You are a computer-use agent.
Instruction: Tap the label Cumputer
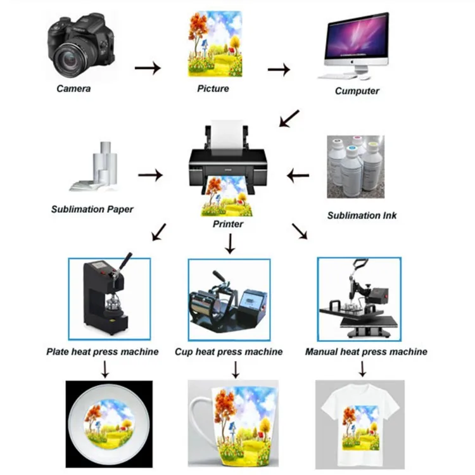click(357, 91)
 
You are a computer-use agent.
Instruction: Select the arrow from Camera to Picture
click(148, 66)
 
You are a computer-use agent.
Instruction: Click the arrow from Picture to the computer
click(279, 67)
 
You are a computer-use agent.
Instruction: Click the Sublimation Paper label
click(92, 208)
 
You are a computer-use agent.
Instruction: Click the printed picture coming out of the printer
click(229, 196)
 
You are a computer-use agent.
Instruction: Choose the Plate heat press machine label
click(103, 351)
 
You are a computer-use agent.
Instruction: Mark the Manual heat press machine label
click(366, 351)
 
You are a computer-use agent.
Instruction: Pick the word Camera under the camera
click(73, 88)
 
